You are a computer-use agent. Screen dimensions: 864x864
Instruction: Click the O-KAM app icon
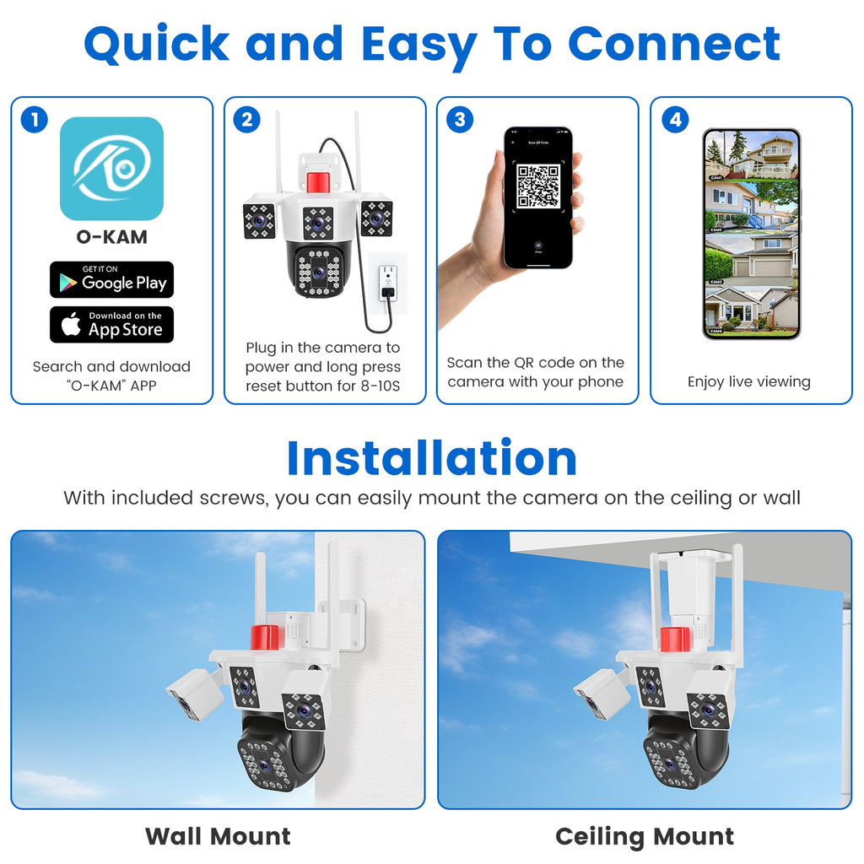(x=111, y=169)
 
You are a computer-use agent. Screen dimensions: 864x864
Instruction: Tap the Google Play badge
(x=111, y=280)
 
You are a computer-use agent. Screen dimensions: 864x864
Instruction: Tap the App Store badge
(x=111, y=325)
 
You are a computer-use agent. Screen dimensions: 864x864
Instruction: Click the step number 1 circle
(x=34, y=120)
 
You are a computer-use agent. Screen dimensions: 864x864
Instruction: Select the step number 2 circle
(x=246, y=120)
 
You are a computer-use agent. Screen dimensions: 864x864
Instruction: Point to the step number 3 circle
(x=459, y=120)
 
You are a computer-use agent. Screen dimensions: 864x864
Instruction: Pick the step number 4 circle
(x=674, y=120)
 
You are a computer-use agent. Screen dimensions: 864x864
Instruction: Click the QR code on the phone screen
(x=538, y=186)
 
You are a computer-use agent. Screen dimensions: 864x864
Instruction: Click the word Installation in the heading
(x=431, y=458)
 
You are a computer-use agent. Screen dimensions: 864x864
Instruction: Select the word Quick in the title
(x=156, y=44)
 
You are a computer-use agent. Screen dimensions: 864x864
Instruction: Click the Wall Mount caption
(x=218, y=836)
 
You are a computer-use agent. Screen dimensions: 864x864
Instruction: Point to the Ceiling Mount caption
(x=645, y=836)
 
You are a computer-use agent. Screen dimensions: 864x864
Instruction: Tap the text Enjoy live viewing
(x=748, y=381)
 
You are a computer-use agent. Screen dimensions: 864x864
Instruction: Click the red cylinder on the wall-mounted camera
(x=266, y=637)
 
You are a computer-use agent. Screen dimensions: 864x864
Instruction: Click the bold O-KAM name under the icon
(x=111, y=237)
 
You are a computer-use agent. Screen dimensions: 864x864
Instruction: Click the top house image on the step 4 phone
(x=751, y=156)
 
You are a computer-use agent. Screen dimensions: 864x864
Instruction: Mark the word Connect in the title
(x=674, y=44)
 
